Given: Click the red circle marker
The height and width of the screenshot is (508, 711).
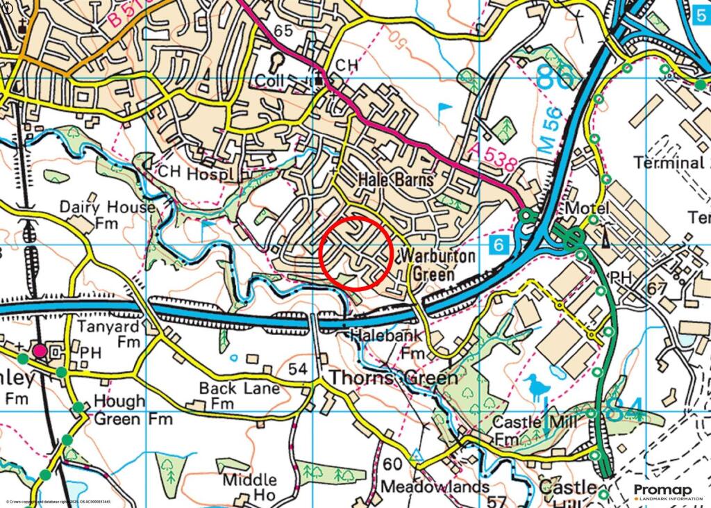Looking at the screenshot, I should tap(357, 253).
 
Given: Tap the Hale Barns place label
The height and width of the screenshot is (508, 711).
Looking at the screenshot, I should tap(396, 179).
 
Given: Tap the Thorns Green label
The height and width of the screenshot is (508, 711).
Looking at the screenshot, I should tap(393, 378).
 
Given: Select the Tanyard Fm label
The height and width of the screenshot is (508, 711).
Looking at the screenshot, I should tap(119, 333).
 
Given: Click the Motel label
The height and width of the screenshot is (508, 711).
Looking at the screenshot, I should tap(587, 208).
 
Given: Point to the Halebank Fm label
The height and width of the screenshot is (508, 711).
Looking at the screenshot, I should tap(387, 343).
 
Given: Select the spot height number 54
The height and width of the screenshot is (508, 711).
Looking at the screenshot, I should tap(297, 369).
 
